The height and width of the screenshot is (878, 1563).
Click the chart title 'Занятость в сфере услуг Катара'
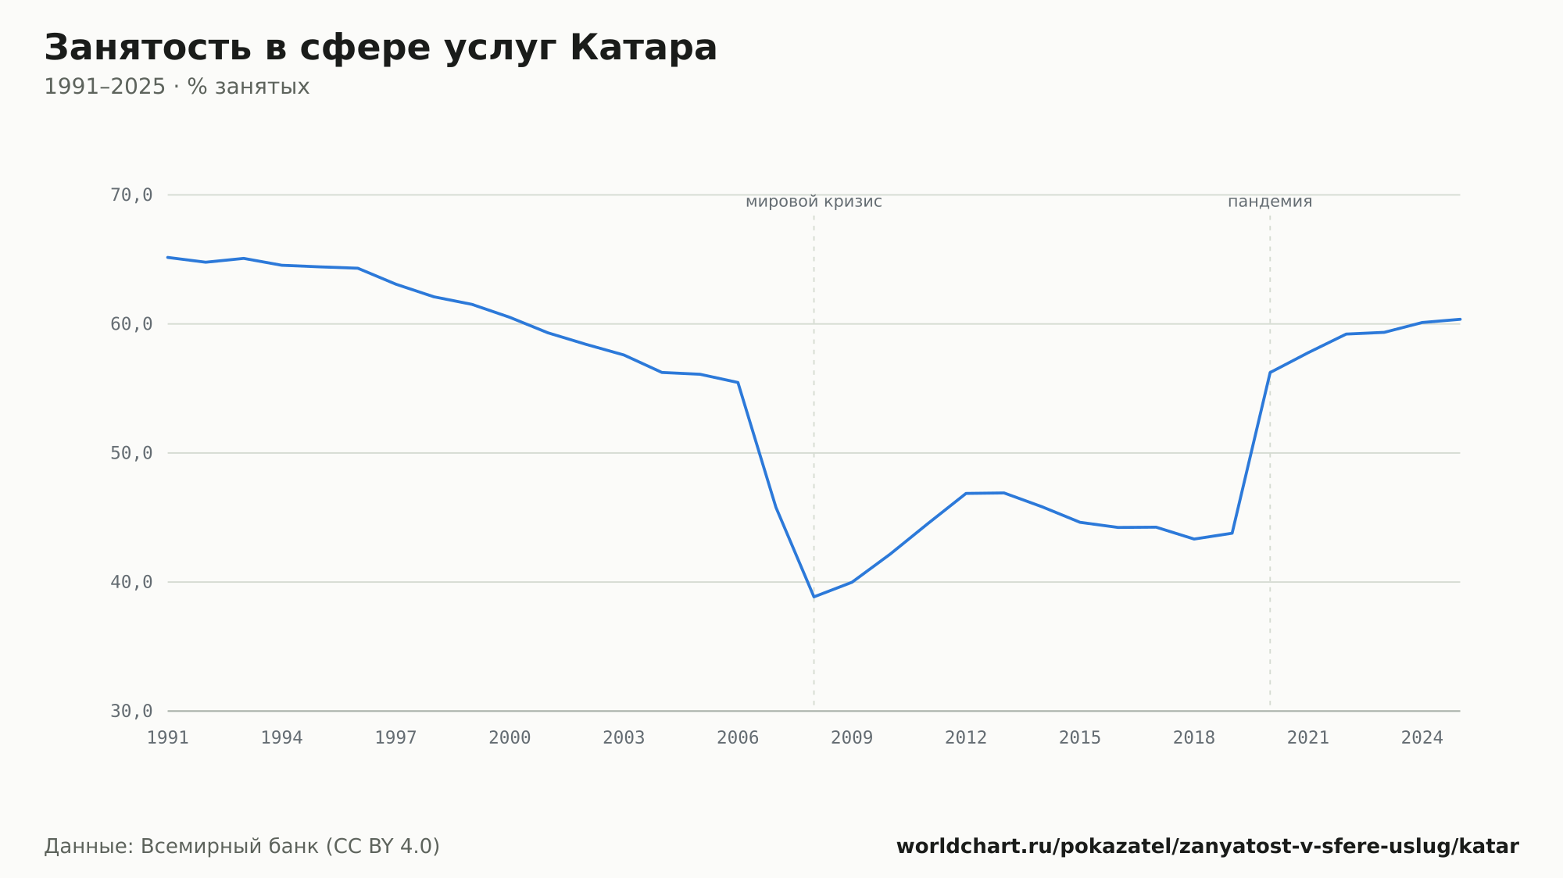(381, 48)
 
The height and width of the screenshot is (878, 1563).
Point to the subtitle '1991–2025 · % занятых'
(177, 87)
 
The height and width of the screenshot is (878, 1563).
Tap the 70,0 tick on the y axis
(131, 195)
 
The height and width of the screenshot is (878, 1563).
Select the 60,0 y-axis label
(131, 324)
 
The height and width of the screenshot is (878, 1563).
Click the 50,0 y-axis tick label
(131, 453)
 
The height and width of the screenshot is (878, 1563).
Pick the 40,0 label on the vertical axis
(131, 582)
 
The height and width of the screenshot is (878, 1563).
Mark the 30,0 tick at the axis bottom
(131, 711)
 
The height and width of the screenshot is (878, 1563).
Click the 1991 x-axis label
(168, 738)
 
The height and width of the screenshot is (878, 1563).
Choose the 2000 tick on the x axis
(510, 738)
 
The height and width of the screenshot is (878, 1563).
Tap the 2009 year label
(852, 738)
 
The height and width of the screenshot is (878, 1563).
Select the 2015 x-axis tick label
(1080, 738)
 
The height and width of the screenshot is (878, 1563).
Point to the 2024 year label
(1422, 738)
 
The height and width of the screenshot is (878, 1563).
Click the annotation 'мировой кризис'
(814, 202)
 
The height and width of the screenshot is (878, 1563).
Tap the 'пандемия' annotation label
(1270, 202)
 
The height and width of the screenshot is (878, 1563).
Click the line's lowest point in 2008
(814, 597)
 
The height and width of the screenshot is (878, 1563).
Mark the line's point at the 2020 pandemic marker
(1270, 373)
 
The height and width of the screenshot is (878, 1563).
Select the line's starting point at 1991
(168, 257)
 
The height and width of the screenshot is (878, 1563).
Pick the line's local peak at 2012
(966, 494)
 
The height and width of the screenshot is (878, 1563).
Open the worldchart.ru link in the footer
(1207, 847)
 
